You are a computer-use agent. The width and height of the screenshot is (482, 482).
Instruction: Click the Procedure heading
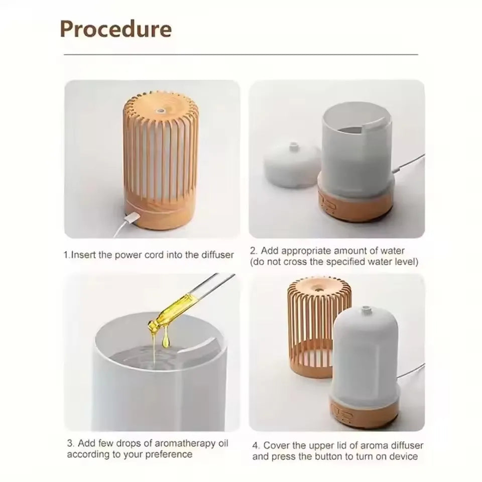pyautogui.click(x=115, y=29)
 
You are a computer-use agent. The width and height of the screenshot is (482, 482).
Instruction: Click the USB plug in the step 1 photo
pyautogui.click(x=132, y=218)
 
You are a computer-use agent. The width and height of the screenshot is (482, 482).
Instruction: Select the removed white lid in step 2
pyautogui.click(x=292, y=165)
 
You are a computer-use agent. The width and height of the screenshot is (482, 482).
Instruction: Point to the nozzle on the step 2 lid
pyautogui.click(x=294, y=146)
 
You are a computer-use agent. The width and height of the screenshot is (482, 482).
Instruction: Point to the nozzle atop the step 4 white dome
pyautogui.click(x=366, y=310)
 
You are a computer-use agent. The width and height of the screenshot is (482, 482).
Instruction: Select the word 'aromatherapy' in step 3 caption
pyautogui.click(x=185, y=443)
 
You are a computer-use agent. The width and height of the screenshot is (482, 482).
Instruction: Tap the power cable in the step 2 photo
pyautogui.click(x=408, y=162)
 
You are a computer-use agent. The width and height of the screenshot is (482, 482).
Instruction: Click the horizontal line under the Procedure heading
pyautogui.click(x=240, y=54)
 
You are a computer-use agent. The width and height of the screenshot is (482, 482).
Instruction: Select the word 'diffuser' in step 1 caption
pyautogui.click(x=217, y=255)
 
